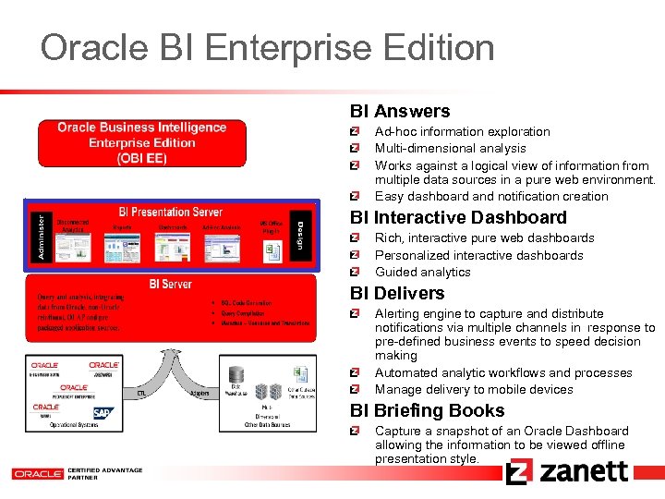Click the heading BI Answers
[400, 112]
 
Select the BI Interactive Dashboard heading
[458, 218]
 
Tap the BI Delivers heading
[397, 294]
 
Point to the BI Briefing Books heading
[427, 411]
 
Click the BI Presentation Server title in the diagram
[171, 213]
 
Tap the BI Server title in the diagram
[171, 284]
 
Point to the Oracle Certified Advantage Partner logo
[78, 473]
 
